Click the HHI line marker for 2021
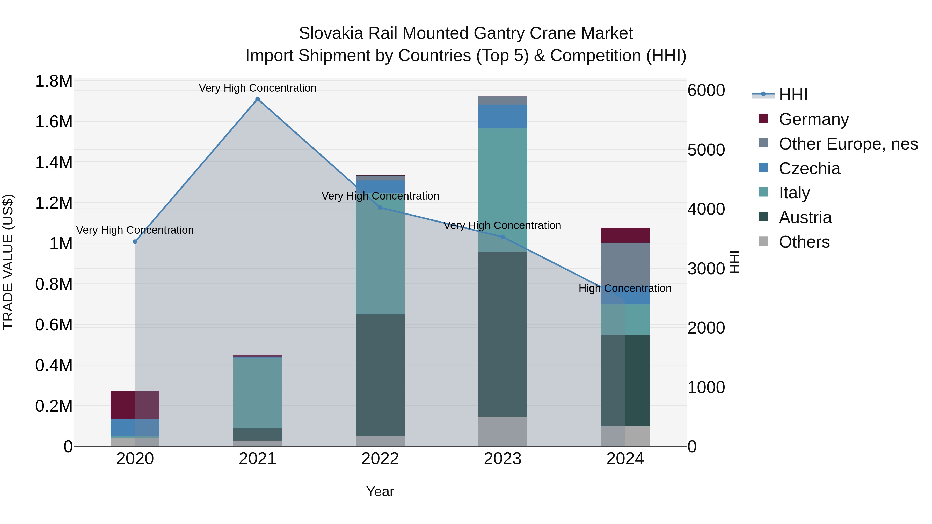click(x=258, y=99)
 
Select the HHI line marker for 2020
click(x=135, y=242)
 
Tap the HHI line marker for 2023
click(x=503, y=237)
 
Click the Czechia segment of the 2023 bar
click(x=503, y=116)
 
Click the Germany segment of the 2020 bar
click(x=135, y=405)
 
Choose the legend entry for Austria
click(x=805, y=217)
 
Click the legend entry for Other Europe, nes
click(x=848, y=144)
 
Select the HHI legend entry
click(x=793, y=95)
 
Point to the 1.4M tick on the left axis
click(x=54, y=162)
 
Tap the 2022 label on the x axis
click(x=380, y=459)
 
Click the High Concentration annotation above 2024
click(x=625, y=288)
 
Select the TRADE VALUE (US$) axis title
click(x=8, y=262)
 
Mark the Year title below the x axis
click(x=380, y=491)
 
